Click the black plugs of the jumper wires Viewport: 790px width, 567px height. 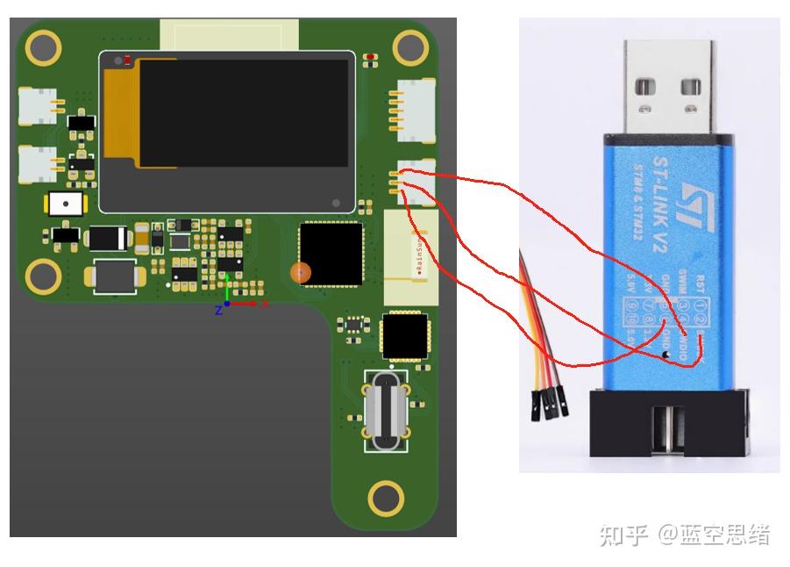547,405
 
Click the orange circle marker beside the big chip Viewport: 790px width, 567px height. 301,273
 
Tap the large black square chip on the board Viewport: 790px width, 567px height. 331,255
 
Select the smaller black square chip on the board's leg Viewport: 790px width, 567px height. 405,337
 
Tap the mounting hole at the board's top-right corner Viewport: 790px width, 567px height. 408,47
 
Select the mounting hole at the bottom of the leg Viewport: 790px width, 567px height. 386,498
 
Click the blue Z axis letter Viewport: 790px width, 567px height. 218,310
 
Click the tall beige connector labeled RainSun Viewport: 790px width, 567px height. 410,257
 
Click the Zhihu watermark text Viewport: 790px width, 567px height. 684,535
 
